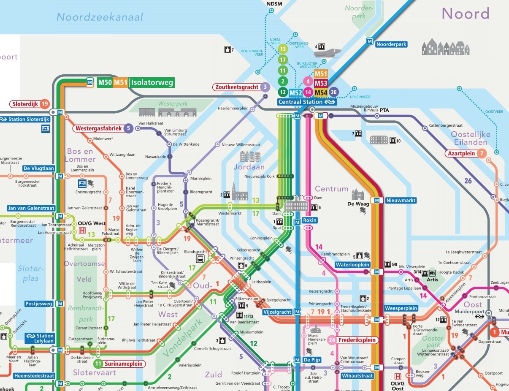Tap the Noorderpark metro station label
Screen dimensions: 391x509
[391, 44]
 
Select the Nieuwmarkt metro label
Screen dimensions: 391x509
[401, 200]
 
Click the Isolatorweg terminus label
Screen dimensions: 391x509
[152, 83]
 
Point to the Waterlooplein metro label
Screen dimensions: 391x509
[352, 265]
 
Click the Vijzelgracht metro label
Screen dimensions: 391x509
[277, 312]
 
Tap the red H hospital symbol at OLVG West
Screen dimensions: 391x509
[82, 231]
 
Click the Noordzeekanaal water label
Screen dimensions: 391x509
[100, 17]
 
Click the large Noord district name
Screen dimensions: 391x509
[465, 14]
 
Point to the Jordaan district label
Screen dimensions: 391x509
[249, 167]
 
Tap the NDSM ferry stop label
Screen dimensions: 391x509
[274, 4]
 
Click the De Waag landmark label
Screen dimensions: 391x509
[358, 204]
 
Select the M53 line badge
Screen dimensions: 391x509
[321, 83]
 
